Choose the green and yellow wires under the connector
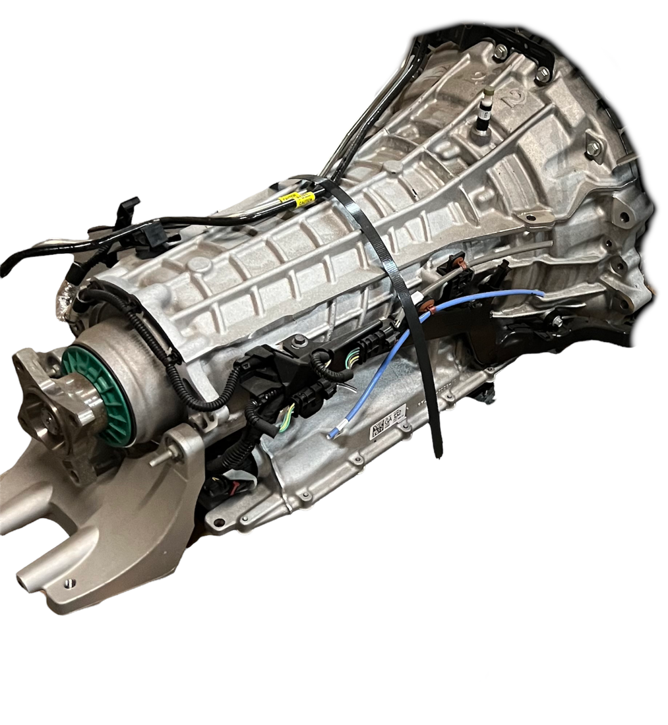pyautogui.click(x=288, y=416)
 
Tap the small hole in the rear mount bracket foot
pyautogui.click(x=68, y=583)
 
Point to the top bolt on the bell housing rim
pyautogui.click(x=501, y=50)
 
